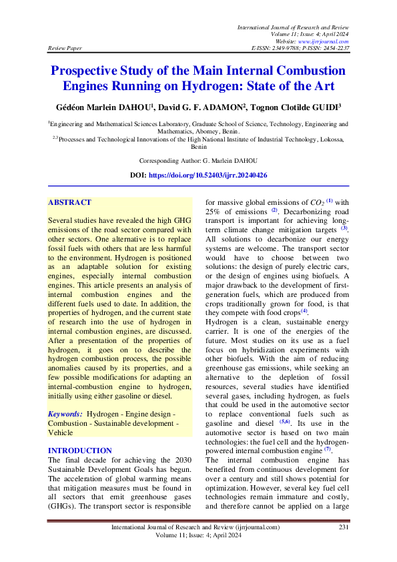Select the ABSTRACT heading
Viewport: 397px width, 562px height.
coord(69,202)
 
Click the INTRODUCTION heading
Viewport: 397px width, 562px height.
coord(80,451)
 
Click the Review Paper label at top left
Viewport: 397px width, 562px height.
coord(64,49)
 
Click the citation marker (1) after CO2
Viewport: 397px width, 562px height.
coord(329,201)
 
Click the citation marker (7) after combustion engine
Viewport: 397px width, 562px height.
coord(328,449)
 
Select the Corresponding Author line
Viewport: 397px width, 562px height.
coord(198,162)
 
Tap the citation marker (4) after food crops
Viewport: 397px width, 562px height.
coord(304,310)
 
